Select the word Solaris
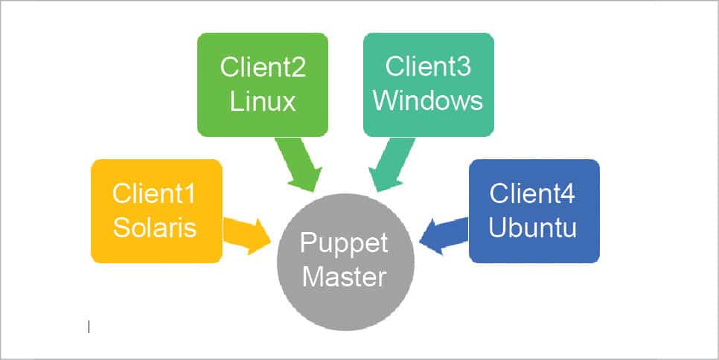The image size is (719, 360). pos(155,226)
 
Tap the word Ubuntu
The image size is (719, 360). pos(532,226)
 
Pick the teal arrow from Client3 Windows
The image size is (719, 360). pos(389,165)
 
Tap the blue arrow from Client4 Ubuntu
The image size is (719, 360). pos(444,234)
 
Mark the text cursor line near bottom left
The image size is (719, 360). pos(89,327)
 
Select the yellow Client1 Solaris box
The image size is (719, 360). pos(112,245)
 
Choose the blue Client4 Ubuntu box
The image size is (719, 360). pos(573,245)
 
